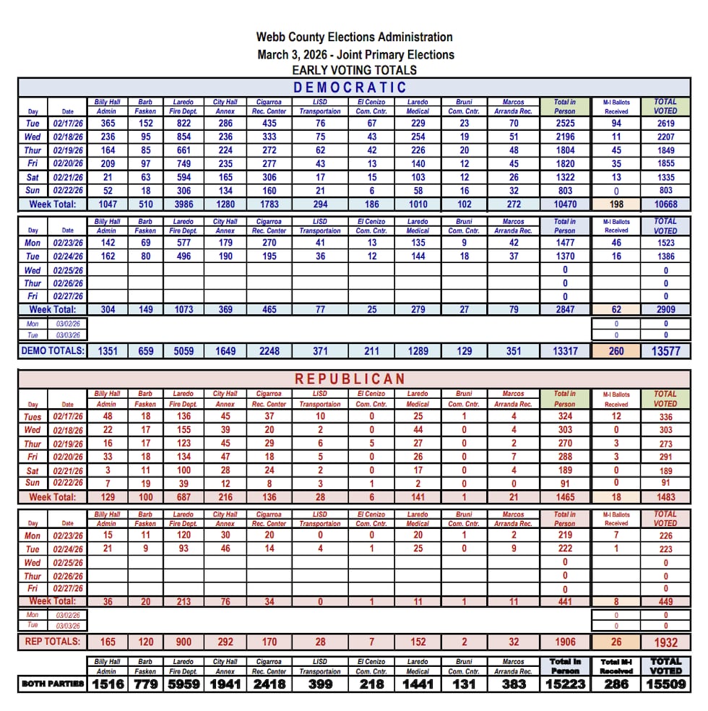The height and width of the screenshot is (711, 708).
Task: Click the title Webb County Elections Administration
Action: coord(354,38)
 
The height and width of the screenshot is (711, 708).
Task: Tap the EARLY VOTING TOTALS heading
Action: coord(354,70)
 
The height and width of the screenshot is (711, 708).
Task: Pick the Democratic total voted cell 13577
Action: coord(665,351)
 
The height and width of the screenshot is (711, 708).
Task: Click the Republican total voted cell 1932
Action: coord(665,642)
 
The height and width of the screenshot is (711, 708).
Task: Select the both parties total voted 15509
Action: coord(665,684)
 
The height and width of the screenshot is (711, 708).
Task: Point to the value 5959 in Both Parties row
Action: coord(184,684)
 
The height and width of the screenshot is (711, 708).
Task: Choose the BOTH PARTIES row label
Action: coord(53,684)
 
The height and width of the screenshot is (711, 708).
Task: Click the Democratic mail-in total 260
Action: coord(616,351)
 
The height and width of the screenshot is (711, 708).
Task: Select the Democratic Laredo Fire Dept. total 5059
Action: coord(184,351)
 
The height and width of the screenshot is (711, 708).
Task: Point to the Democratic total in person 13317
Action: coord(565,351)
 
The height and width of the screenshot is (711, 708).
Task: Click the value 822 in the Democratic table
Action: coord(184,124)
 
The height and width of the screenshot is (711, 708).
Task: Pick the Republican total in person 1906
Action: coord(565,642)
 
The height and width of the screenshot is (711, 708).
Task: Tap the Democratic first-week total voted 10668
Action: coord(665,204)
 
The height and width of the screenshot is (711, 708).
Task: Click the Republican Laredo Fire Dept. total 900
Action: coord(184,642)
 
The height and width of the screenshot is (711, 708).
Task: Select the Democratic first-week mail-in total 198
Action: coord(616,204)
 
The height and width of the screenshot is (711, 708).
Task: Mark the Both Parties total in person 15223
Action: coord(565,684)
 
